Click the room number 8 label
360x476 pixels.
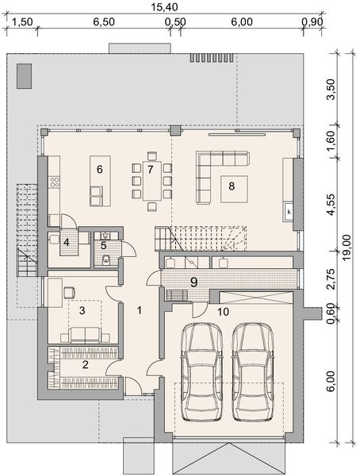[232, 186]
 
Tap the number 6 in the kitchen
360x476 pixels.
[100, 169]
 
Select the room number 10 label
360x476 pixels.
[224, 312]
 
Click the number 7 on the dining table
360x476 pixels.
[149, 169]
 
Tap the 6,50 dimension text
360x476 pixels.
[104, 24]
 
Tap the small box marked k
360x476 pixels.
[289, 212]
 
